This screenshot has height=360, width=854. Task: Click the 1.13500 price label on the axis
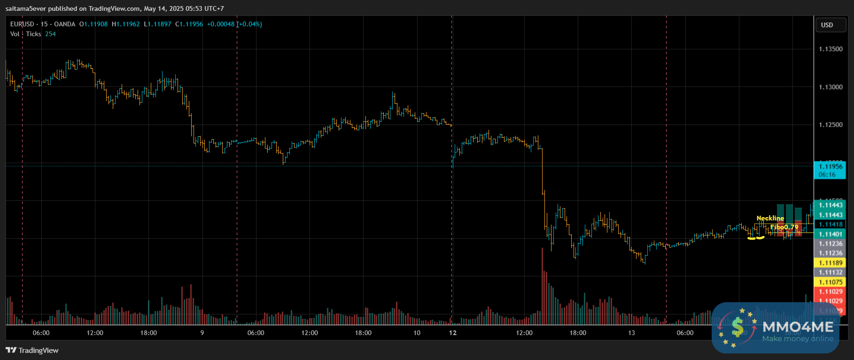(831, 49)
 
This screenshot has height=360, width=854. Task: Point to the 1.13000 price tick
(831, 87)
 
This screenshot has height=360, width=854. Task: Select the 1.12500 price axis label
(831, 125)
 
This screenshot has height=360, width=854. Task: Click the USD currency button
(827, 25)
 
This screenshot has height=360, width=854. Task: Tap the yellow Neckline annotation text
(770, 218)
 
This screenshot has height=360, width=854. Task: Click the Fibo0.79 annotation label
(784, 227)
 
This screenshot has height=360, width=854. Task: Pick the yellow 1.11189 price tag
(830, 263)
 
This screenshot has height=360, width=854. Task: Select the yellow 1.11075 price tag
(830, 282)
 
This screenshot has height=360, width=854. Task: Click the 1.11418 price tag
(830, 224)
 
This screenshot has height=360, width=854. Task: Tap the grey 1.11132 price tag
(830, 272)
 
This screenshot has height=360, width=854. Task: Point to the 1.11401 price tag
(830, 234)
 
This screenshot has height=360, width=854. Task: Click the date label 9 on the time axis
(202, 333)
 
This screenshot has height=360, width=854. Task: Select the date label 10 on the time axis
(417, 333)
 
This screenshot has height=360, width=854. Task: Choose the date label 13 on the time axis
(631, 333)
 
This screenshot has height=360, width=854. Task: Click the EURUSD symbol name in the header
(22, 24)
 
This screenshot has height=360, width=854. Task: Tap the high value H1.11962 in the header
(126, 24)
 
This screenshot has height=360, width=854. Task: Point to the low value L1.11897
(157, 24)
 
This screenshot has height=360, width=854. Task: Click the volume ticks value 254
(50, 34)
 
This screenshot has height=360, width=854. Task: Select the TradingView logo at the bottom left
(32, 350)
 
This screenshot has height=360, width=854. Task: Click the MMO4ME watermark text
(798, 327)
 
